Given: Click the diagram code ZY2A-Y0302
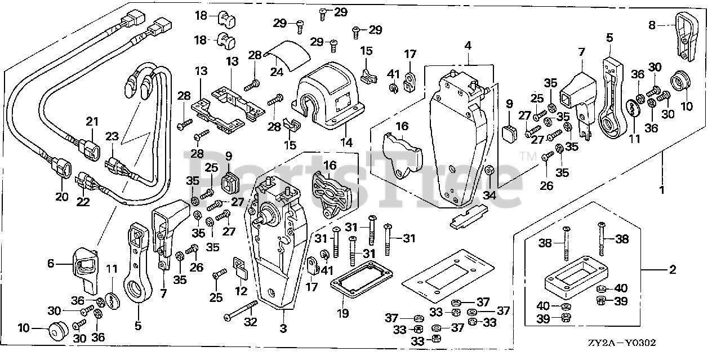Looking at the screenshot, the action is pyautogui.click(x=622, y=343).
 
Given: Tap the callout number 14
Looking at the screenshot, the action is pyautogui.click(x=346, y=142).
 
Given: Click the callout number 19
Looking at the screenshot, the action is pyautogui.click(x=343, y=313).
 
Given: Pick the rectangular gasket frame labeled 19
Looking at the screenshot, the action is pyautogui.click(x=362, y=279).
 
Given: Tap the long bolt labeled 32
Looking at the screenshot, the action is pyautogui.click(x=242, y=310).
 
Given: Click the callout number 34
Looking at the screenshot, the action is pyautogui.click(x=489, y=195).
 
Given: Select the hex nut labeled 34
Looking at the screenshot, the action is pyautogui.click(x=489, y=170).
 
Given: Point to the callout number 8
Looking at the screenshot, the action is pyautogui.click(x=652, y=25).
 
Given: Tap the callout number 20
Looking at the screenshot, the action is pyautogui.click(x=62, y=196).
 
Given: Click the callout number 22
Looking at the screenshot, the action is pyautogui.click(x=83, y=202).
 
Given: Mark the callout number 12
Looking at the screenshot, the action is pyautogui.click(x=241, y=291).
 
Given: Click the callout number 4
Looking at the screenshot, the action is pyautogui.click(x=468, y=46).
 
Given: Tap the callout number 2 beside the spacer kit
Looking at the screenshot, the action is pyautogui.click(x=673, y=269).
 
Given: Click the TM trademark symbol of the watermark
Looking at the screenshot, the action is pyautogui.click(x=528, y=157).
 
